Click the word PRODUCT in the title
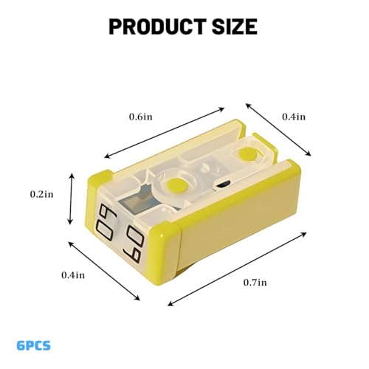(x=157, y=27)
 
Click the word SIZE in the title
(x=235, y=27)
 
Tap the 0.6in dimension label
(x=141, y=117)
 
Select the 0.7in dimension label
(x=255, y=283)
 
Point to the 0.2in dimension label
(x=41, y=194)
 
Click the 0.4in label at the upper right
(x=294, y=117)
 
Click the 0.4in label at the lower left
(x=73, y=275)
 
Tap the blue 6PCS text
(x=34, y=345)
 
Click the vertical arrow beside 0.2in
(x=71, y=199)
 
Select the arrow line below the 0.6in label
(x=165, y=133)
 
